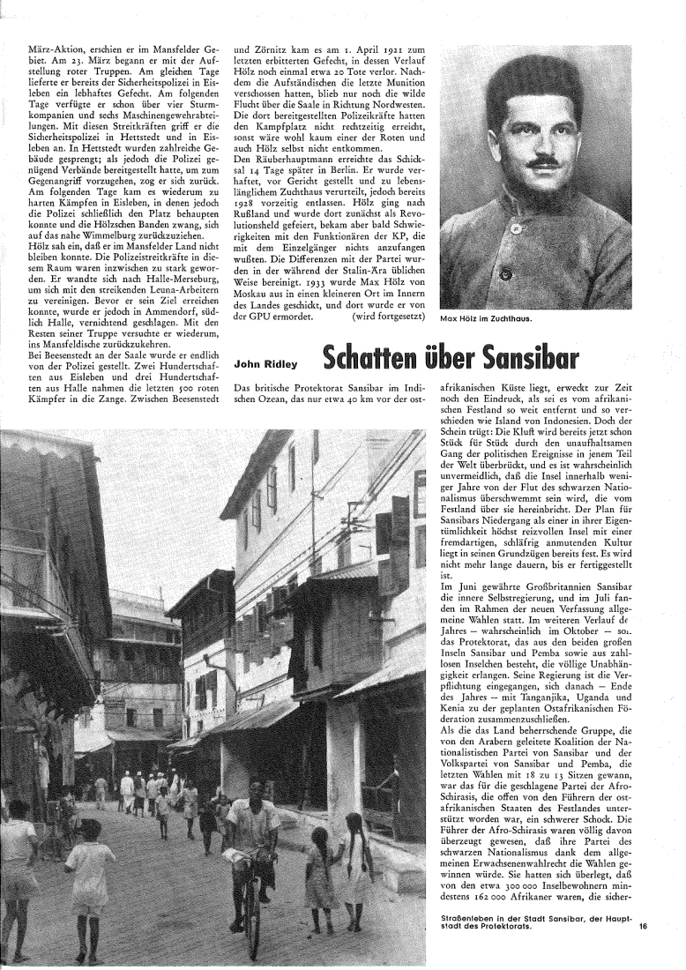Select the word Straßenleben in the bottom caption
(468, 944)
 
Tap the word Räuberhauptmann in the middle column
(279, 158)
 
